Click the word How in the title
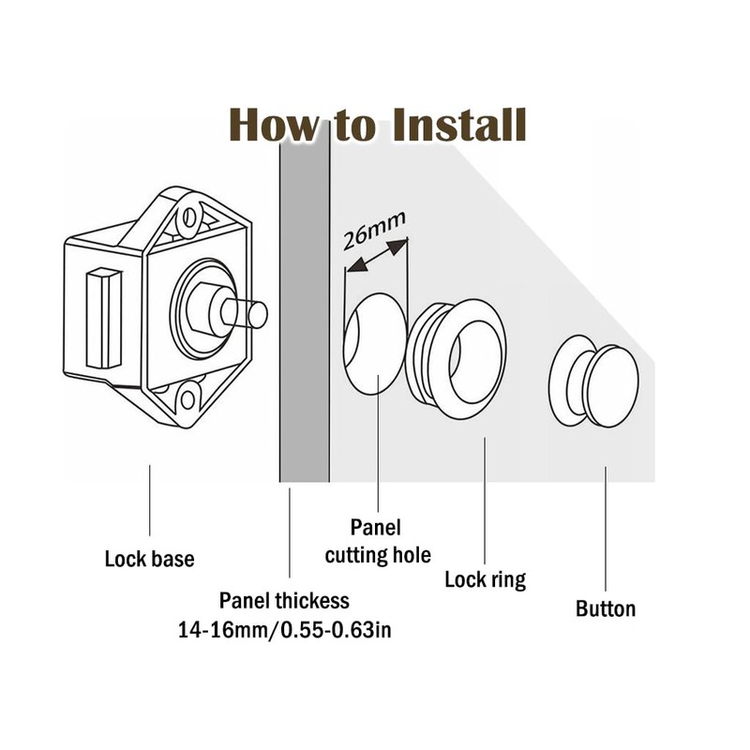coord(272,125)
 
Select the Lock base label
coord(149,560)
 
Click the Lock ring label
coord(485,579)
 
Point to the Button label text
coord(605,608)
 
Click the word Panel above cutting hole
coord(375,527)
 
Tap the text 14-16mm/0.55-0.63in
coord(284,630)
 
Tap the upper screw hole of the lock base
coord(189,217)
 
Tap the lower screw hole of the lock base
coord(188,398)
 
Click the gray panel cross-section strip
coord(305,309)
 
